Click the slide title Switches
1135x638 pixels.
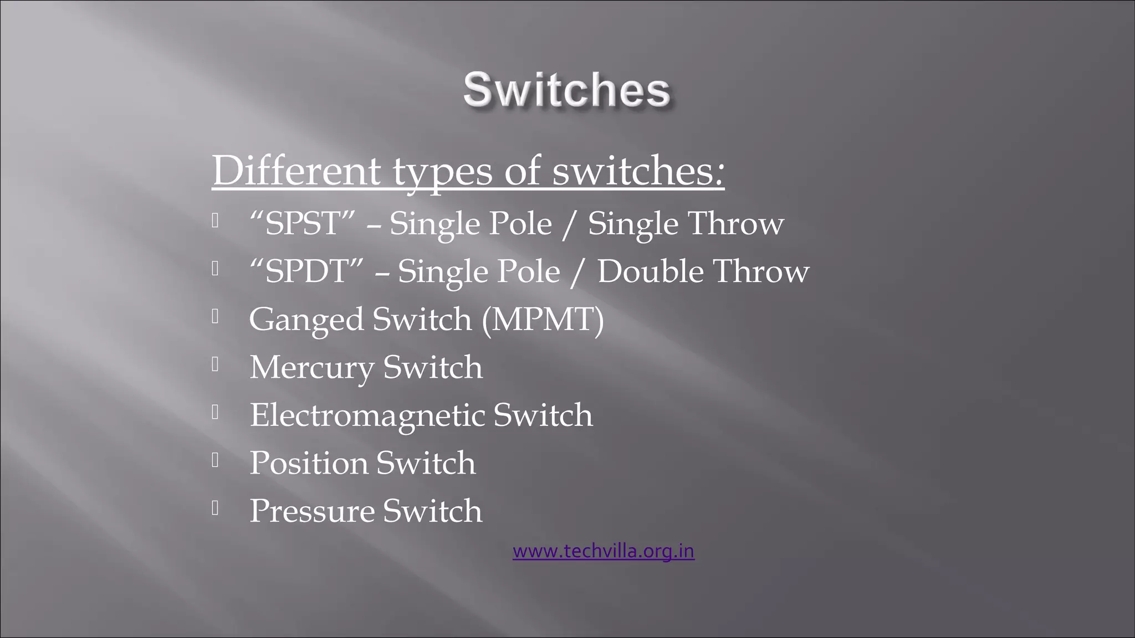[566, 90]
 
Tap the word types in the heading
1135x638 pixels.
[442, 171]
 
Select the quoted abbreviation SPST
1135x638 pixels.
[301, 224]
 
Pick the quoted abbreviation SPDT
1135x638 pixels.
[306, 271]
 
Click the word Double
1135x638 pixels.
[650, 271]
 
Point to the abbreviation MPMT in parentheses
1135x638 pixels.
[543, 320]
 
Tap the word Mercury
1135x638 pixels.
[311, 368]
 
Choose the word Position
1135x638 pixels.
[308, 463]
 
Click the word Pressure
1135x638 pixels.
[311, 511]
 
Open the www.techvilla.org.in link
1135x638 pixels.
[603, 552]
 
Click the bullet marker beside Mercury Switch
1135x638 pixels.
[215, 364]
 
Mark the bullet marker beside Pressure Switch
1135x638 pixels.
[215, 507]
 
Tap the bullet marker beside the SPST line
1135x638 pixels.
[215, 220]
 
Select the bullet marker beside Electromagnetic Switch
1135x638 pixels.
[215, 411]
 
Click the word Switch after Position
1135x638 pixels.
[425, 463]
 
